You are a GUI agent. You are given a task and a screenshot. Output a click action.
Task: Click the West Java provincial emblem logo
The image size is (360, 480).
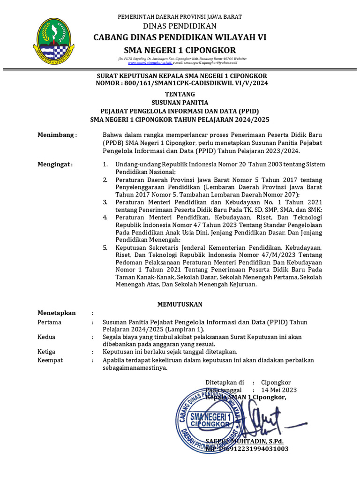[x=54, y=41]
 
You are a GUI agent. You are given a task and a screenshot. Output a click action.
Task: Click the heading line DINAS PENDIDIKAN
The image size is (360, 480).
[x=180, y=26]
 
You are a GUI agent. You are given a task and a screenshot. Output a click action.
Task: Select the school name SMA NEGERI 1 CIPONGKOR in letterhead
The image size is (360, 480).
[x=180, y=50]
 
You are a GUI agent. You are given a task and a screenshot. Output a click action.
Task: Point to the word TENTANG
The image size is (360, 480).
[x=180, y=94]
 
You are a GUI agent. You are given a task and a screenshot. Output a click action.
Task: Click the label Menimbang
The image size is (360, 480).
[x=56, y=135]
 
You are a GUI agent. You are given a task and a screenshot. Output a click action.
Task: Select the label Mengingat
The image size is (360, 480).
[x=55, y=165]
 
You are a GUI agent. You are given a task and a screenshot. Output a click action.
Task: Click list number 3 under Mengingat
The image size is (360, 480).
[x=105, y=202]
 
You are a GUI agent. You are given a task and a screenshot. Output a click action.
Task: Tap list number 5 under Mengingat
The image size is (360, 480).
[x=105, y=247]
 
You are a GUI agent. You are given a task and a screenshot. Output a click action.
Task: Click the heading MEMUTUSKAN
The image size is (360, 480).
[x=180, y=304]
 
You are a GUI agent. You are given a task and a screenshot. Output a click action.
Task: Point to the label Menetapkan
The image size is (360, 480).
[x=57, y=313]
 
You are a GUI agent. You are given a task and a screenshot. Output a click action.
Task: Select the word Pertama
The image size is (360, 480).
[x=49, y=322]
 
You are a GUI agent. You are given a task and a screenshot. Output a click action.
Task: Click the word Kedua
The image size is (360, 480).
[x=46, y=337]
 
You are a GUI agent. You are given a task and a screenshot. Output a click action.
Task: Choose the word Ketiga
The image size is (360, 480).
[x=46, y=352]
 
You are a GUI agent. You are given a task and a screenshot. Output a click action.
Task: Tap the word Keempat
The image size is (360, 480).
[x=50, y=360]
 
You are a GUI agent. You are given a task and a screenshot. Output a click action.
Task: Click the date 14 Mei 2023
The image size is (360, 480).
[x=279, y=390]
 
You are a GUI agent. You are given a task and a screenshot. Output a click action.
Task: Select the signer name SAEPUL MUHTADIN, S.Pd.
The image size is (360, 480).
[x=245, y=442]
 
